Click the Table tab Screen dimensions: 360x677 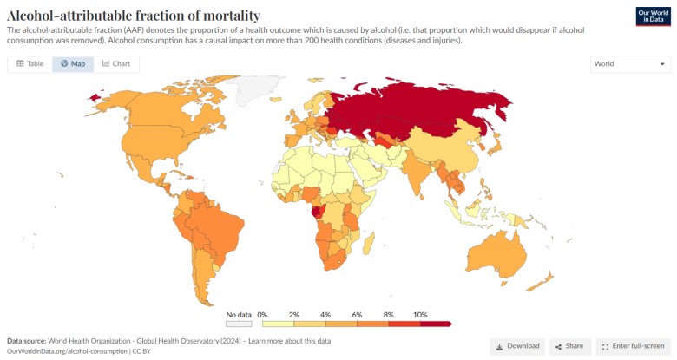click(x=30, y=64)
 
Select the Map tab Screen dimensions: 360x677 click(x=73, y=64)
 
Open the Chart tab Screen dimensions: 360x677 click(x=116, y=64)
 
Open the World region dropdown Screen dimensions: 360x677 click(x=630, y=64)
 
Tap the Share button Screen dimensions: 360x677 click(x=569, y=346)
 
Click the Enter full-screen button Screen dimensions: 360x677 click(x=633, y=346)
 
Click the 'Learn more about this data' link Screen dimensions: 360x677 click(x=289, y=341)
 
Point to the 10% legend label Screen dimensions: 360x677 click(x=420, y=314)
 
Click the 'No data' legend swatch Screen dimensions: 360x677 click(x=239, y=324)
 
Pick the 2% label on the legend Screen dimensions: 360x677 click(x=293, y=314)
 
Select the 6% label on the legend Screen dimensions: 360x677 click(x=356, y=314)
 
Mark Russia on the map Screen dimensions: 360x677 click(x=417, y=108)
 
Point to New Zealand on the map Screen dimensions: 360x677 click(x=545, y=278)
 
